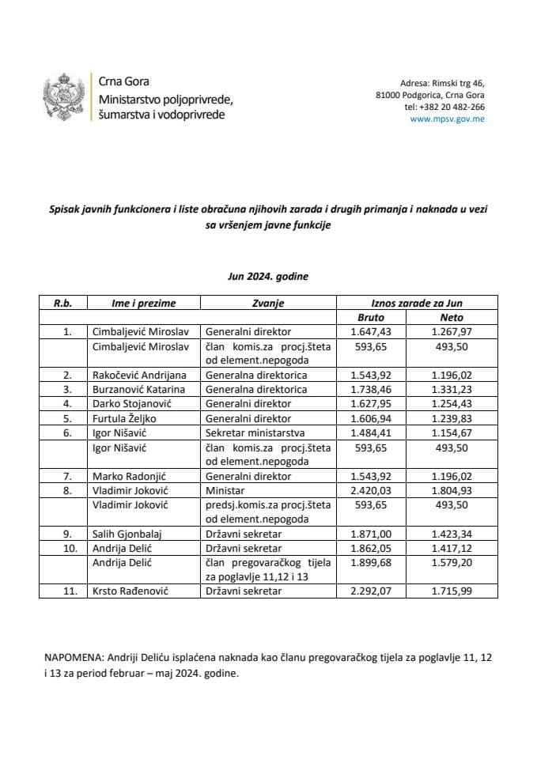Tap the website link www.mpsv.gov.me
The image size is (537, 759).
tap(448, 119)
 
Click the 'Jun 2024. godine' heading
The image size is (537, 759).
tap(268, 278)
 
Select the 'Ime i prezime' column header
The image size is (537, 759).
tap(143, 303)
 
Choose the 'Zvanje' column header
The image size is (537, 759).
tap(269, 303)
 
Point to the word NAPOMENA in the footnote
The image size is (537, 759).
tap(70, 659)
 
